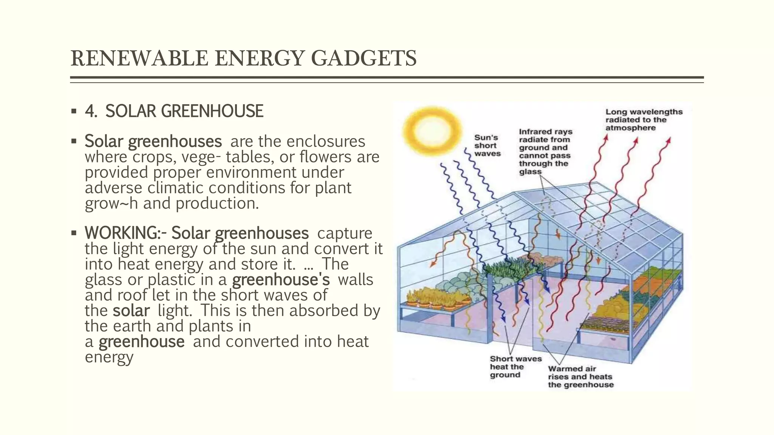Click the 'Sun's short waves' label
click(x=487, y=146)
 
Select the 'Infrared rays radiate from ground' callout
click(x=545, y=151)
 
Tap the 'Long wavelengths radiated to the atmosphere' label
click(x=644, y=120)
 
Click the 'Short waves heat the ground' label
click(x=515, y=367)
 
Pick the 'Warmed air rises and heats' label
click(x=580, y=376)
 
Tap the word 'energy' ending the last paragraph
click(x=109, y=357)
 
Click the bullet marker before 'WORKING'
click(x=74, y=233)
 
